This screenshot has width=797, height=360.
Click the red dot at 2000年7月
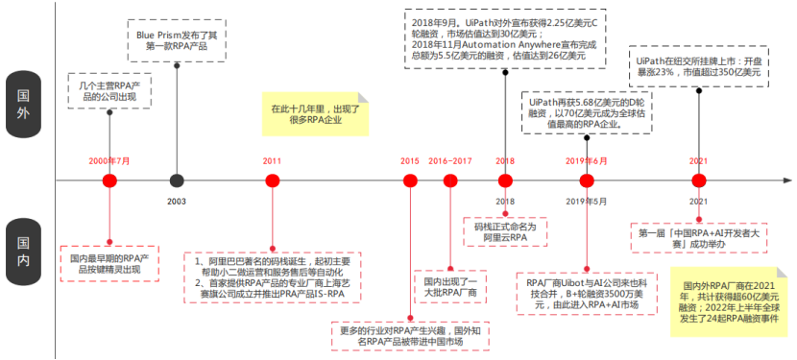tap(109, 180)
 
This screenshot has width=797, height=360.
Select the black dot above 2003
tap(177, 180)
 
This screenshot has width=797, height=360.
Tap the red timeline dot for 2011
tap(272, 180)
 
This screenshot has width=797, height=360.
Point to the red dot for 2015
tap(410, 180)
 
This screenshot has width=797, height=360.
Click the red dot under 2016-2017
tap(450, 180)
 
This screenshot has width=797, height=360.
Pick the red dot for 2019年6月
tap(586, 180)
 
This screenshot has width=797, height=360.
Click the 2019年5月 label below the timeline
tap(586, 201)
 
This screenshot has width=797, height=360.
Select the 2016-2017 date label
tap(450, 160)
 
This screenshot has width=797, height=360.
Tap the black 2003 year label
tap(177, 201)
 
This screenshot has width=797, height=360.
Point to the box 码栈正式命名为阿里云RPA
tap(505, 230)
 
